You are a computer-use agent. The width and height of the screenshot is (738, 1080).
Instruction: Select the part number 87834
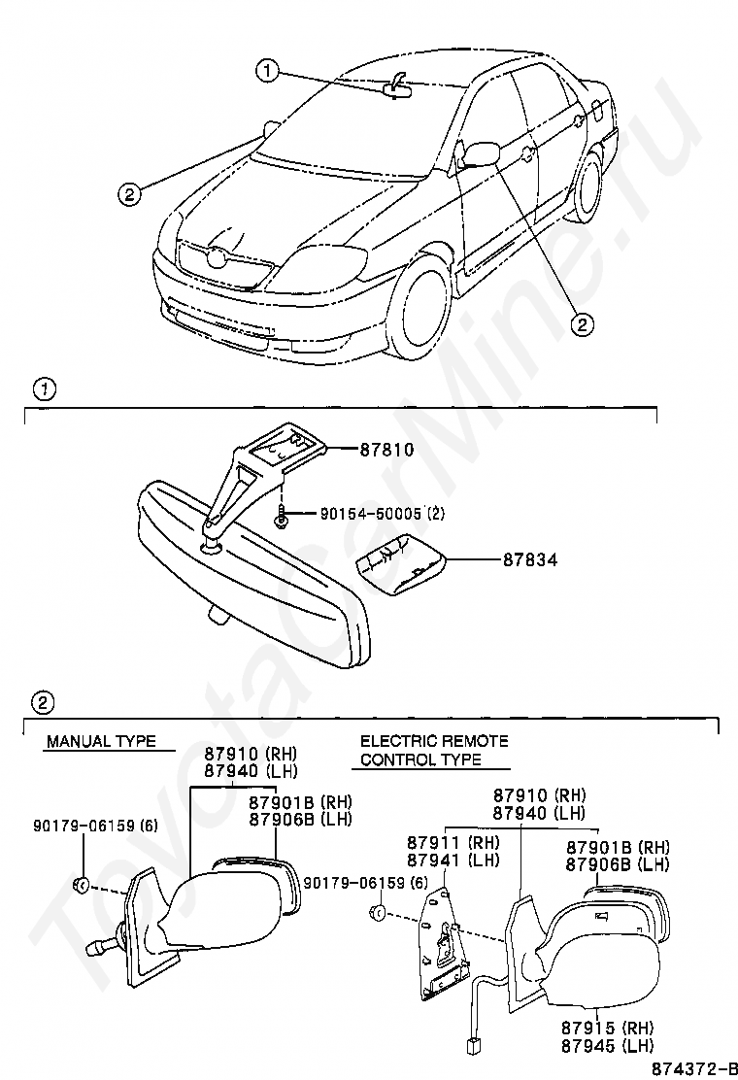click(x=529, y=560)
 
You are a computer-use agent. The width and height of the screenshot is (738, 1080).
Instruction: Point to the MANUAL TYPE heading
click(x=100, y=741)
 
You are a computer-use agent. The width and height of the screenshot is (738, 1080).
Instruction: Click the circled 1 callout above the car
click(x=268, y=69)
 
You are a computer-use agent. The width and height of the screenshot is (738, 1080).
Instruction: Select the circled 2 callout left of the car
click(x=129, y=193)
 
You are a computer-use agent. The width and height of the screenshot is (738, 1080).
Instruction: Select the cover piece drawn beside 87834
click(x=397, y=572)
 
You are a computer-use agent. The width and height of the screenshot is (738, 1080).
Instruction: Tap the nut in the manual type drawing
click(x=82, y=885)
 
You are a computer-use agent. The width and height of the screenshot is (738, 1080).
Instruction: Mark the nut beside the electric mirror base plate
click(x=379, y=912)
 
